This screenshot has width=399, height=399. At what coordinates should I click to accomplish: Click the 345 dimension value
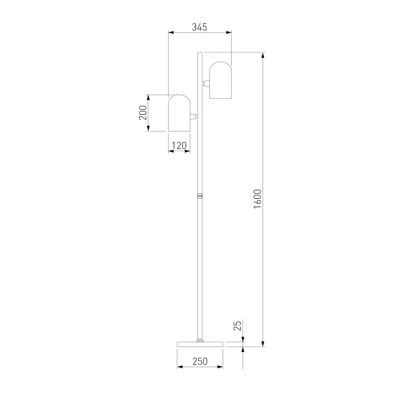point(199,27)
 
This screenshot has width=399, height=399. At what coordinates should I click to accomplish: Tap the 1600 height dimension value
point(258,199)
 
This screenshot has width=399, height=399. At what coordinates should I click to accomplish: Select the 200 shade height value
point(143,113)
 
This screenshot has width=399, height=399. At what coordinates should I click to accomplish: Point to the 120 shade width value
point(179,146)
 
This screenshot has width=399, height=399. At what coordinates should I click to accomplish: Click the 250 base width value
point(200,361)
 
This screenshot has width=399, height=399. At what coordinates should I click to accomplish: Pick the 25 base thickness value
point(237,325)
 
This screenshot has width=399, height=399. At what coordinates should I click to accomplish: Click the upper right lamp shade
point(220,80)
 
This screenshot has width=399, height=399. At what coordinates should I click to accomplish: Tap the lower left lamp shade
point(179,113)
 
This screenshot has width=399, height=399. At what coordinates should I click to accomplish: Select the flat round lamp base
point(200,344)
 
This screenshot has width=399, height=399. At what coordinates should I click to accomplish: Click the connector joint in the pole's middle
point(200,196)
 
